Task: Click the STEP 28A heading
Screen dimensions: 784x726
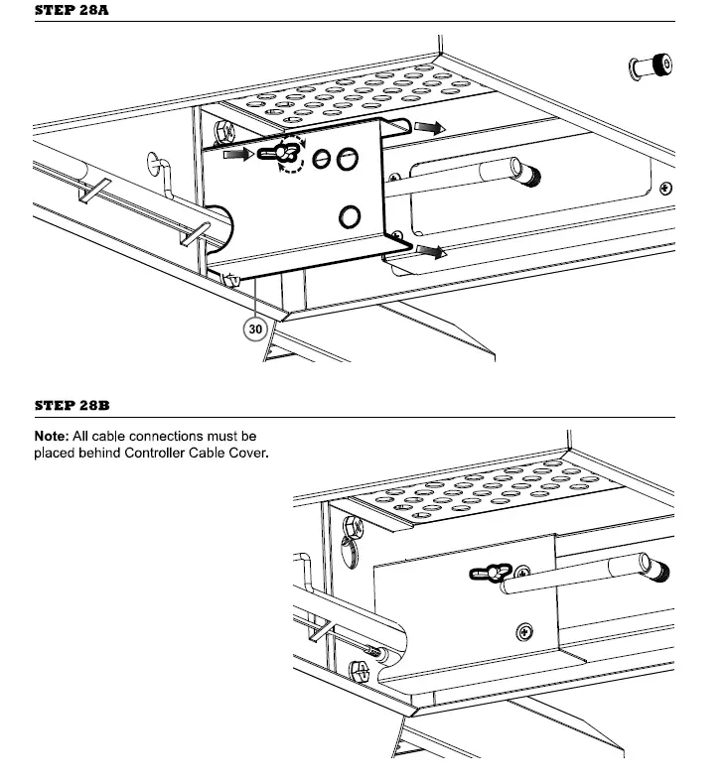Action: [73, 11]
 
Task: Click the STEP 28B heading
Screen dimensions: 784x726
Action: [73, 405]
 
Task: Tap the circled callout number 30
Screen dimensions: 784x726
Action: [255, 328]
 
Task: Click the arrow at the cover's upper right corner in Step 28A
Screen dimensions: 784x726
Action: [430, 127]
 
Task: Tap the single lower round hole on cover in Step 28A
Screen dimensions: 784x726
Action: [350, 216]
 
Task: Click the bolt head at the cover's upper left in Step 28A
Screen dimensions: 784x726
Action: [225, 130]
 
